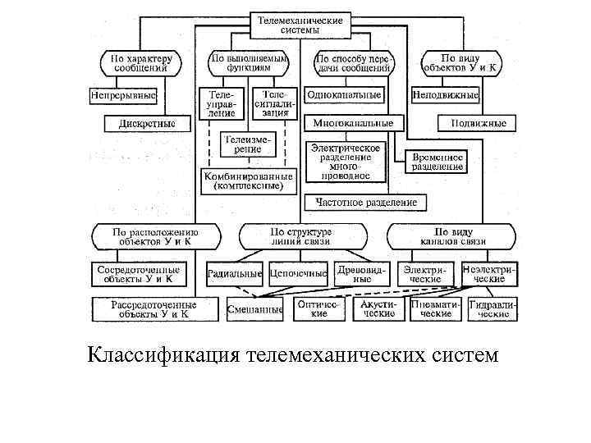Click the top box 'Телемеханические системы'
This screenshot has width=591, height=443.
click(x=300, y=25)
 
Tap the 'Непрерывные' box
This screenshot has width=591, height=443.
click(x=123, y=95)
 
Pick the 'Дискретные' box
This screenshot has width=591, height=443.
click(x=147, y=124)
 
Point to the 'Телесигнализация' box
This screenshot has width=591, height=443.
click(x=270, y=103)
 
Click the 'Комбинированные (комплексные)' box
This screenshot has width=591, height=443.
click(x=248, y=180)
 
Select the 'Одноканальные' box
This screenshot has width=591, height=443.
click(x=344, y=95)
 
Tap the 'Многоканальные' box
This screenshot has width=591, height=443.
click(x=353, y=123)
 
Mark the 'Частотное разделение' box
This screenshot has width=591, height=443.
click(x=361, y=202)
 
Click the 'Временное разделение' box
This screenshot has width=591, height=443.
click(x=437, y=161)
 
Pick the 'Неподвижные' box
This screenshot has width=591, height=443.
click(x=445, y=95)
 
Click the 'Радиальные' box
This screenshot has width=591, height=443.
click(x=235, y=273)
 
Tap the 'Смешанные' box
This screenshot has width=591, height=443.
click(x=254, y=308)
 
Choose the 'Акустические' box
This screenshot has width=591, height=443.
click(x=378, y=308)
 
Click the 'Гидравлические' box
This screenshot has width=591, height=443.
click(x=492, y=308)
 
